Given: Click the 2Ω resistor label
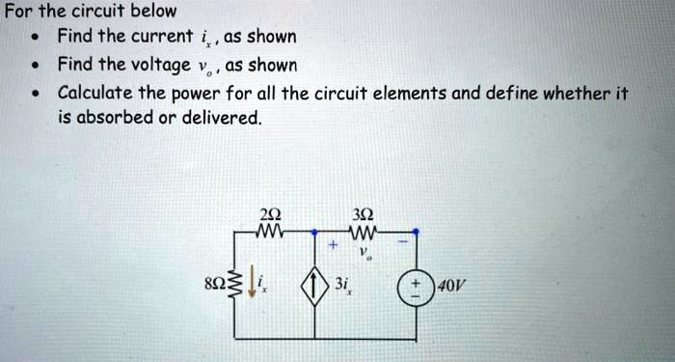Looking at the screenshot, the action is pos(270,214).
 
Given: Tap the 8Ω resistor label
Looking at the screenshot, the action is pos(216,285).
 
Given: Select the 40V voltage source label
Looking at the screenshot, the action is pos(451,285).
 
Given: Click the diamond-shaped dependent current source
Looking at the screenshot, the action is pos(314,286).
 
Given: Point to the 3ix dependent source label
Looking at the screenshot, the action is pos(342,285).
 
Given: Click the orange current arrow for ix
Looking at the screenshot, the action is pos(251,286).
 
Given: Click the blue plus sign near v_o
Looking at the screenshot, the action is pos(332,245).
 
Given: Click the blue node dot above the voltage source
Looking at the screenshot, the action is pos(416,232).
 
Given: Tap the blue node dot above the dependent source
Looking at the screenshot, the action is pos(314,232).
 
